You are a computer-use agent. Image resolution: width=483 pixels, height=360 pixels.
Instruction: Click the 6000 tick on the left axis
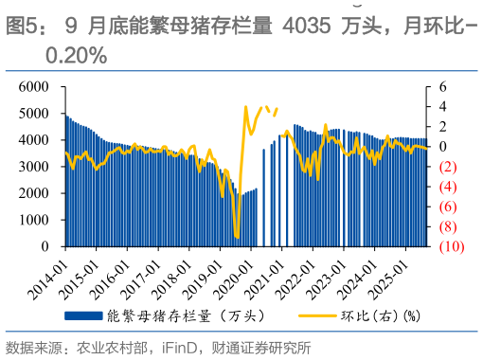tap(34, 86)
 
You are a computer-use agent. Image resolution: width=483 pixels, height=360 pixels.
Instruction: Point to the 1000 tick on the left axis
tap(34, 220)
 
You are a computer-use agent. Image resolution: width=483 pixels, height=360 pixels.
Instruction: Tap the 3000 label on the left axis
tap(34, 167)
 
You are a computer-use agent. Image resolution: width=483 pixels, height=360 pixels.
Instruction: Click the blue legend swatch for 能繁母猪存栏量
tap(82, 314)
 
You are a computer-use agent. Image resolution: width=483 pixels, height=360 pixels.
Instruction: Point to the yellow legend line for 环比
tap(319, 314)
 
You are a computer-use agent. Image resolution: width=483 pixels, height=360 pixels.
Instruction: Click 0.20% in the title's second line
tap(76, 56)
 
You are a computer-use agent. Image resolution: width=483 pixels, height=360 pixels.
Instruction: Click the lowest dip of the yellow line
tap(236, 237)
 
